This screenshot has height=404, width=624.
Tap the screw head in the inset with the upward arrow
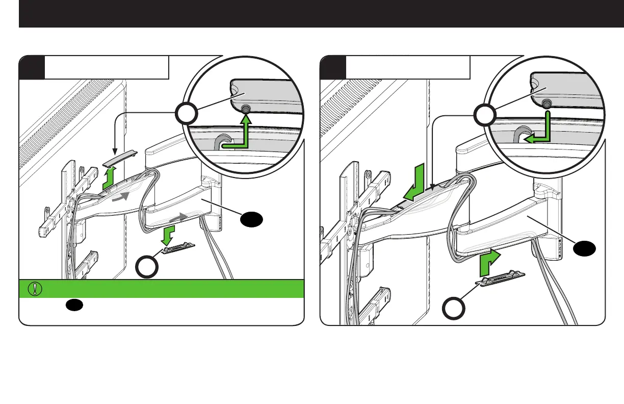pyautogui.click(x=246, y=109)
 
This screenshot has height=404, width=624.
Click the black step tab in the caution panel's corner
pyautogui.click(x=32, y=67)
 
